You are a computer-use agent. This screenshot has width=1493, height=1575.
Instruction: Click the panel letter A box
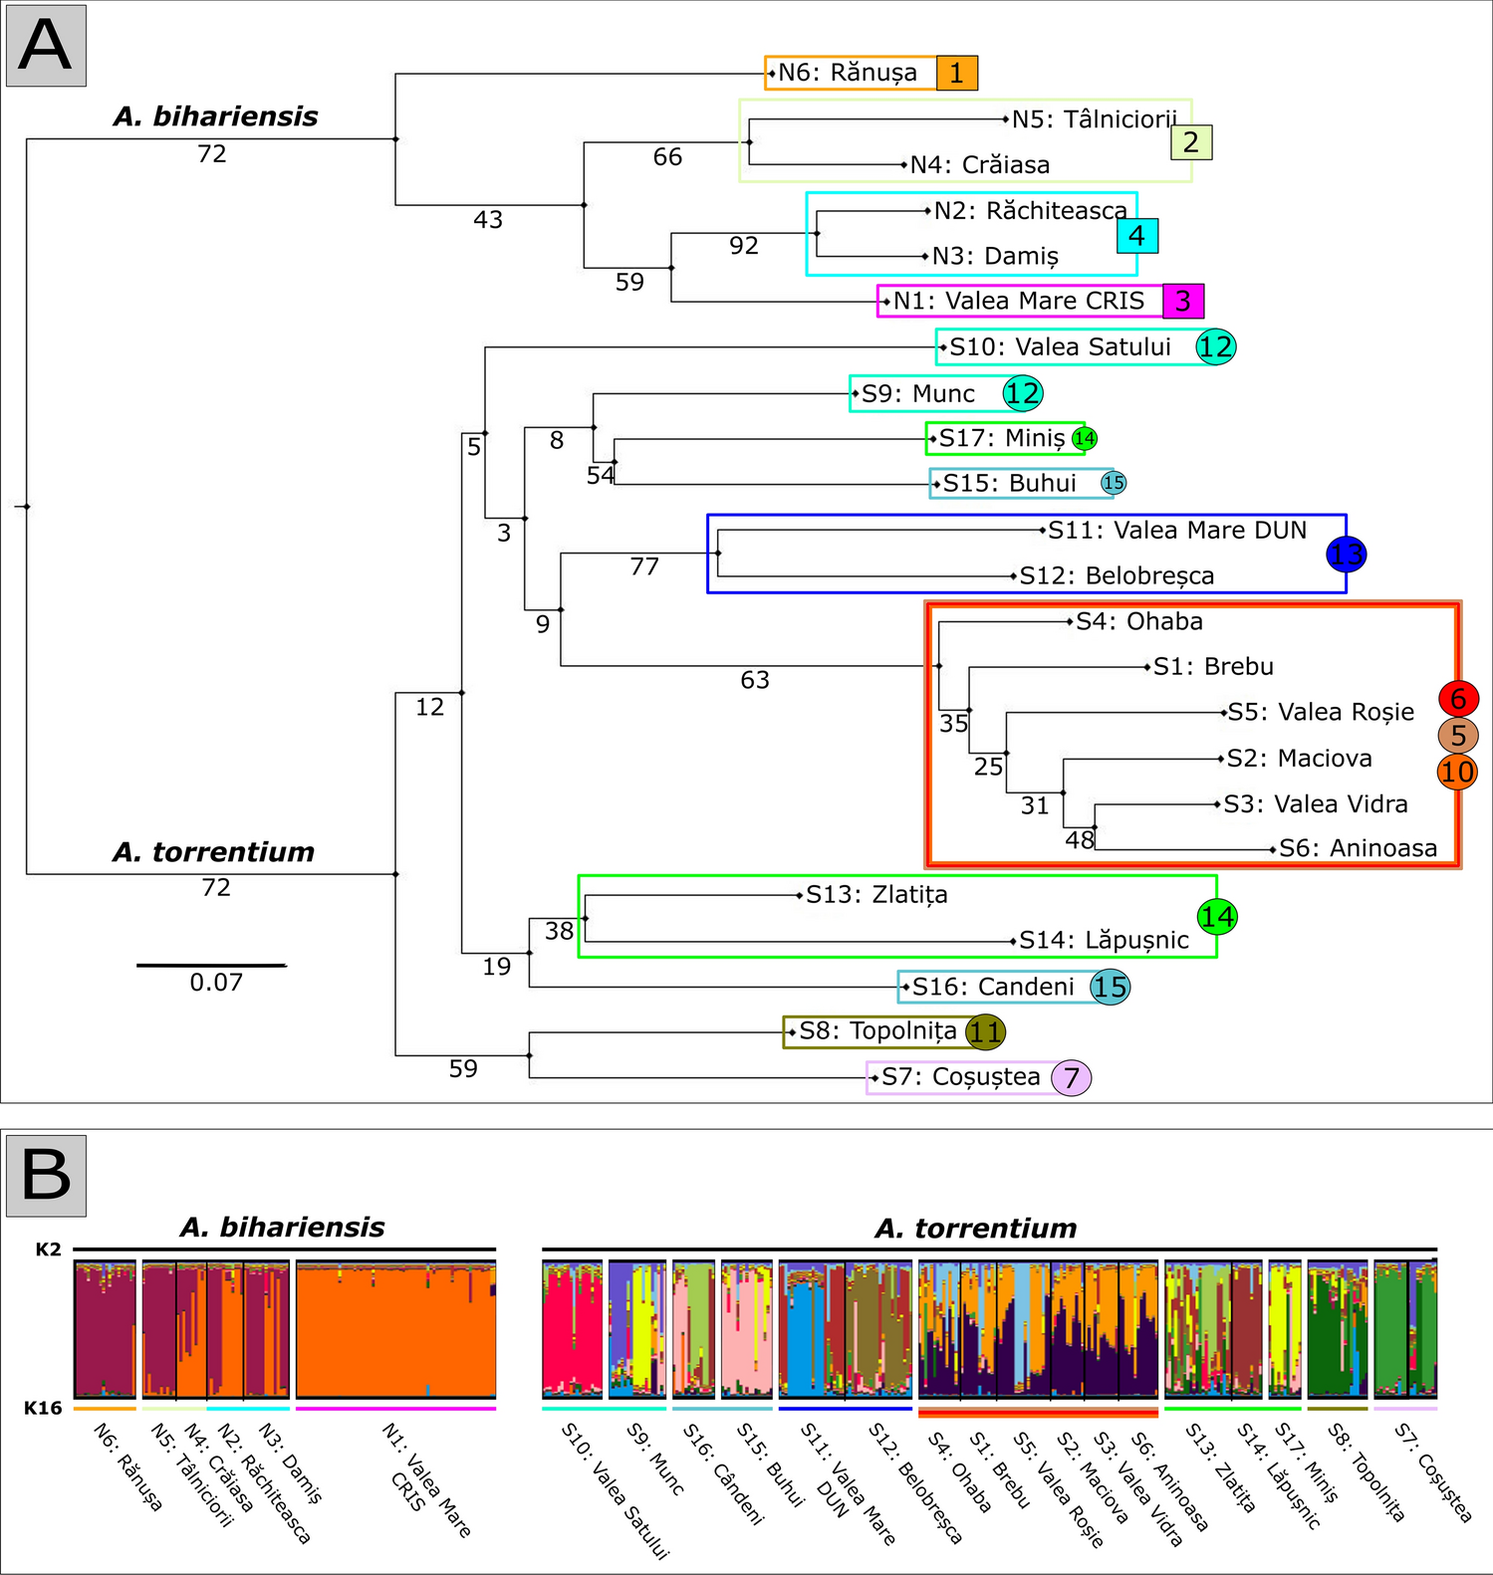tap(46, 46)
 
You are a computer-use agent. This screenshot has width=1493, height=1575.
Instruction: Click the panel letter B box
tap(46, 1175)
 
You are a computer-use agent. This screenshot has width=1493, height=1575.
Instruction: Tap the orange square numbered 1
tap(957, 73)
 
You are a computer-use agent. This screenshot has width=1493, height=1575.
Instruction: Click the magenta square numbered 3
tap(1183, 301)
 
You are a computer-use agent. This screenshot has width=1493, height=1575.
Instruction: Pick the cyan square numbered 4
tap(1137, 236)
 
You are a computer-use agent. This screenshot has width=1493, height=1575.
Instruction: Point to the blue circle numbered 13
tap(1347, 555)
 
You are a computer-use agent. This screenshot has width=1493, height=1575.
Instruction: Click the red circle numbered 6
tap(1458, 699)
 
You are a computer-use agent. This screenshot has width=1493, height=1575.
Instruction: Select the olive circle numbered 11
tap(985, 1032)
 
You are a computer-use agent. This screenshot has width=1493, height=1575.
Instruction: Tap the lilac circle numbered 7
tap(1072, 1077)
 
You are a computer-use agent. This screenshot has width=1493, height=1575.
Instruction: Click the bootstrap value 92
tap(744, 245)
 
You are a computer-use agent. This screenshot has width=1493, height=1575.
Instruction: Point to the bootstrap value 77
tap(644, 566)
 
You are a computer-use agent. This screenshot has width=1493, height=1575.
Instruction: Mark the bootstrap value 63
tap(755, 680)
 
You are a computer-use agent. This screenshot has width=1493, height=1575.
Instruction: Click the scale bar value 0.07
tap(216, 983)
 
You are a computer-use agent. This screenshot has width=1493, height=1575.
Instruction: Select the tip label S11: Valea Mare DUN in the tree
tap(1177, 531)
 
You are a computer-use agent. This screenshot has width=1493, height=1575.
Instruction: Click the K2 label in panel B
tap(48, 1249)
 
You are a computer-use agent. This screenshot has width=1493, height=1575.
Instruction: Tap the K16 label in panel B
tap(44, 1408)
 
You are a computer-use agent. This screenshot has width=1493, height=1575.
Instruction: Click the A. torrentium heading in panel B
tap(976, 1229)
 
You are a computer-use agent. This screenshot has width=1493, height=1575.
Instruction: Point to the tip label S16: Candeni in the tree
tap(993, 987)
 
